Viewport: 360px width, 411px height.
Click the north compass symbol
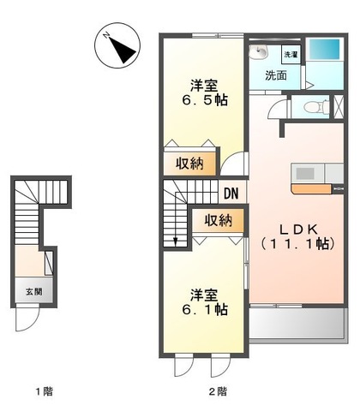click(117, 45)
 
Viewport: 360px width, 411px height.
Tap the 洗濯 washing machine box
click(291, 54)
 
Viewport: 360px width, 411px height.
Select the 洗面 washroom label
click(276, 75)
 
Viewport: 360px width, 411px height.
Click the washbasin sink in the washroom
click(259, 51)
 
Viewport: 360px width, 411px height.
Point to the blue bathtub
click(325, 49)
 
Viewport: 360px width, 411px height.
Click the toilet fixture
click(316, 107)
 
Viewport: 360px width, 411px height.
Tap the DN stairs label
click(231, 194)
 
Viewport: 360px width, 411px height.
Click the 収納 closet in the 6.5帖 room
click(189, 164)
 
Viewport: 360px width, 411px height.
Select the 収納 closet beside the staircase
click(219, 220)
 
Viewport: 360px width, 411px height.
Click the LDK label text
click(298, 229)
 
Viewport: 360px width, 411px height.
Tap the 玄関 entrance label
click(34, 292)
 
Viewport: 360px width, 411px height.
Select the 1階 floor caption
click(45, 391)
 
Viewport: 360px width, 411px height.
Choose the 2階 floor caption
click(218, 391)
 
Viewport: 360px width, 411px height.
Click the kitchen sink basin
click(305, 174)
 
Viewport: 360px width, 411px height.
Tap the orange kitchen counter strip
click(311, 189)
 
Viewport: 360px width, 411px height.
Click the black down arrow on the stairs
click(176, 241)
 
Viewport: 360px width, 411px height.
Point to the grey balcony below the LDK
click(298, 324)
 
